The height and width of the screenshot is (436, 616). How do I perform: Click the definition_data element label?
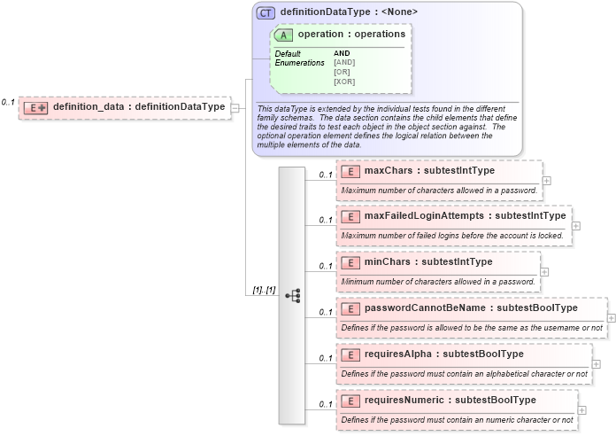pos(138,107)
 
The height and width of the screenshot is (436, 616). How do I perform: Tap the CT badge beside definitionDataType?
pos(266,13)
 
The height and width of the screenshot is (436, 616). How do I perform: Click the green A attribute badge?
pos(284,35)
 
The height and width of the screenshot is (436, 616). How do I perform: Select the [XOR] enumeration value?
pos(344,82)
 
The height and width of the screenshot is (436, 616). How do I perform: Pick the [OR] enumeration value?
pos(342,72)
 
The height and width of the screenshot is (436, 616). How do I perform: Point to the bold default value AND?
pos(342,53)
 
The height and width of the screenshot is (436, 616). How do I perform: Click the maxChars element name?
pos(429,171)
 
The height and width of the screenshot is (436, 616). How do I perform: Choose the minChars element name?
pos(428,261)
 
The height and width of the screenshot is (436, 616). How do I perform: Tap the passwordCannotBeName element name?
pos(471,308)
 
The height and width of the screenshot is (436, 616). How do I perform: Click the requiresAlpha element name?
pos(443,354)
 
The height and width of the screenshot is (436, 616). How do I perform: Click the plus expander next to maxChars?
pos(547,180)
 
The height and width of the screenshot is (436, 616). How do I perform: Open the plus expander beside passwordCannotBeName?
pos(612,316)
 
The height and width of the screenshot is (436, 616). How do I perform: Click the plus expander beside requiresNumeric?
pos(581,409)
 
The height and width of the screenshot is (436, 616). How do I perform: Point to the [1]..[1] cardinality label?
pos(264,290)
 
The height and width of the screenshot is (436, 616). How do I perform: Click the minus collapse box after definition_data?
pos(235,108)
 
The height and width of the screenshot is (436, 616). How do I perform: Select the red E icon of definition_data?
pos(35,107)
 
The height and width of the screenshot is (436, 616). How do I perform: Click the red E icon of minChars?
pos(350,261)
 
